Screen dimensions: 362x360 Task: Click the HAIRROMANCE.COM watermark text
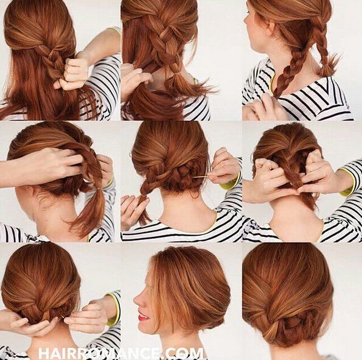(121, 353)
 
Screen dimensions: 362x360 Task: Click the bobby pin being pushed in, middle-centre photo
(200, 178)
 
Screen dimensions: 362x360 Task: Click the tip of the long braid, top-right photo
(276, 96)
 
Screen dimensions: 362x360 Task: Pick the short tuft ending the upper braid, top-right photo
(325, 66)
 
